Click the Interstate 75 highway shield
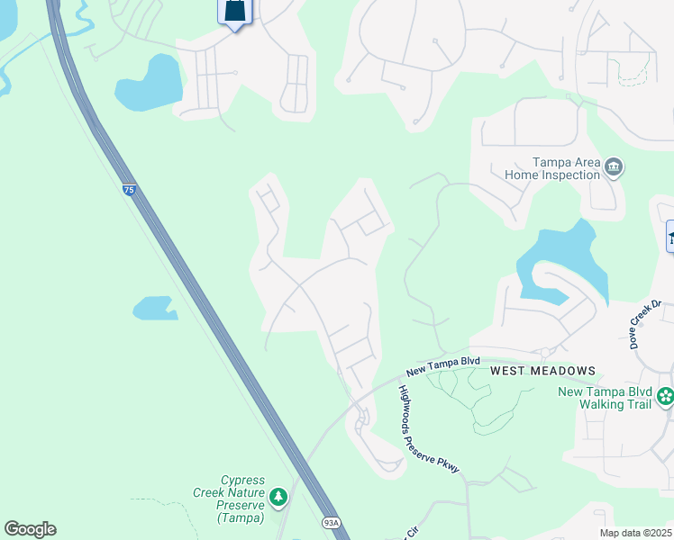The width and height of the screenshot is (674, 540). coord(130,190)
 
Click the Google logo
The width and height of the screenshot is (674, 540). coord(30,529)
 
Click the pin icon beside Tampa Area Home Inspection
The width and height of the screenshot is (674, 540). coord(615,166)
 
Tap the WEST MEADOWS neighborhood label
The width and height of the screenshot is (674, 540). coord(542,371)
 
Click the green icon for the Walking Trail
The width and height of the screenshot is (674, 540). coord(665,395)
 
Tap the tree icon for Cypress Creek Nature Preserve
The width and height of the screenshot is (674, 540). coord(278,495)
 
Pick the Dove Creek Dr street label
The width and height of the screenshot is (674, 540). coord(645,325)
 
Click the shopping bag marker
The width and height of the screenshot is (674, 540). coord(235,12)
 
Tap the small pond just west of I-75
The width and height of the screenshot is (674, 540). coord(155,309)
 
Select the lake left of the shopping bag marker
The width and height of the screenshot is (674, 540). coord(149,85)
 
